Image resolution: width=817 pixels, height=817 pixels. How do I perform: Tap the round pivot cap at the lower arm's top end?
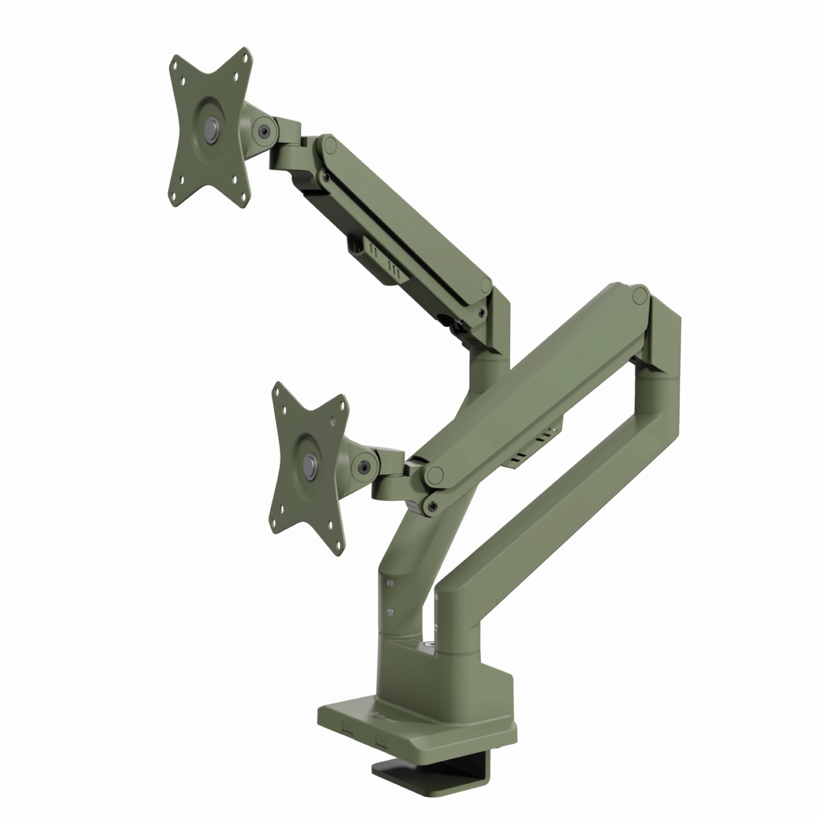pos(641,295)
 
